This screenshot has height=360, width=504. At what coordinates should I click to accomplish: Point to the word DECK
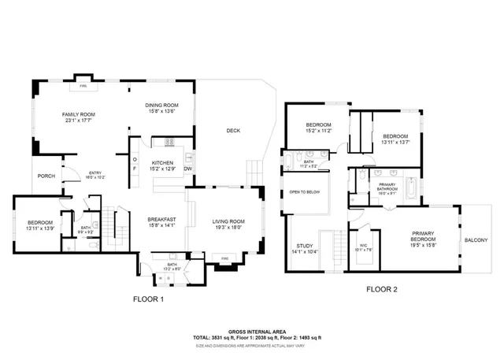click(x=233, y=131)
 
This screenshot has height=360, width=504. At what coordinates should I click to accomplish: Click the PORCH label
click(x=46, y=176)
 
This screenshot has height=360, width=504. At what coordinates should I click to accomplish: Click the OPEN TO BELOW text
click(x=305, y=192)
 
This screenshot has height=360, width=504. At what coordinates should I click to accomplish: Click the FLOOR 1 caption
click(x=149, y=299)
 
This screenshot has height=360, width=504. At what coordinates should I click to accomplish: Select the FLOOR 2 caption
click(x=382, y=289)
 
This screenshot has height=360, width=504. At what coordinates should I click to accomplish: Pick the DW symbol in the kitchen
click(x=188, y=169)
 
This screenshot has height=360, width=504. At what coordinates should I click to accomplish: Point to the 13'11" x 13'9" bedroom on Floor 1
click(x=39, y=225)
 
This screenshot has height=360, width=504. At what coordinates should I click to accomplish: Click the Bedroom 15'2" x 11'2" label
click(x=318, y=128)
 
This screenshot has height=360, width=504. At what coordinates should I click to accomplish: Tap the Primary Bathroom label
click(x=386, y=189)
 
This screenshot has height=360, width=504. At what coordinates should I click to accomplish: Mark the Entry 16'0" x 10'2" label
click(x=95, y=175)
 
